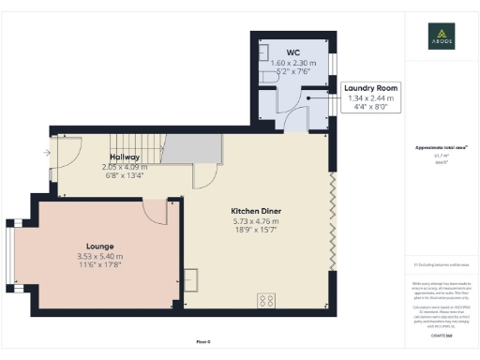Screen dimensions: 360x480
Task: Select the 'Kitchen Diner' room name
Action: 257,211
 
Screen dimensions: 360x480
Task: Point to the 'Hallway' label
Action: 125,157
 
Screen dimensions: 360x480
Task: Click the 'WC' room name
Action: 292,51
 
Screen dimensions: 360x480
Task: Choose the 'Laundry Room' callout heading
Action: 370,88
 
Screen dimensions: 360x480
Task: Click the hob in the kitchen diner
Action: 266,301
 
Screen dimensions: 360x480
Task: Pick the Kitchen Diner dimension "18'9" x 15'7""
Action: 257,230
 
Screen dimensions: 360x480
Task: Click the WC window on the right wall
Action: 332,64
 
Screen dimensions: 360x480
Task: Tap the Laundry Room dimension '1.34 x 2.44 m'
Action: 370,97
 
